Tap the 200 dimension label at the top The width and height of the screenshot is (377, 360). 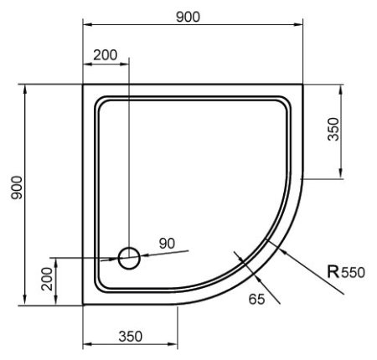pos(105,55)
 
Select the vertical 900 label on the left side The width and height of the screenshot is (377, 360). pos(15,193)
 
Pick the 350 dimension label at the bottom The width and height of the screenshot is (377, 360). pos(128,337)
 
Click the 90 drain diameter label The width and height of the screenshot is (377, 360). pos(166,243)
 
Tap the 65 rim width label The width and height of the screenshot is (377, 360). pos(256,298)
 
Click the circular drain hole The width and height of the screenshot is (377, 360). pos(129,258)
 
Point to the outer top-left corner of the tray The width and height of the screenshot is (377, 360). pos(83,85)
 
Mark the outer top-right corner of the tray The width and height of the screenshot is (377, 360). pos(302,85)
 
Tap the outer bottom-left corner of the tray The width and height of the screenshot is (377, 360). pos(83,305)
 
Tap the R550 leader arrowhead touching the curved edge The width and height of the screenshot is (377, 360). pos(266,240)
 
